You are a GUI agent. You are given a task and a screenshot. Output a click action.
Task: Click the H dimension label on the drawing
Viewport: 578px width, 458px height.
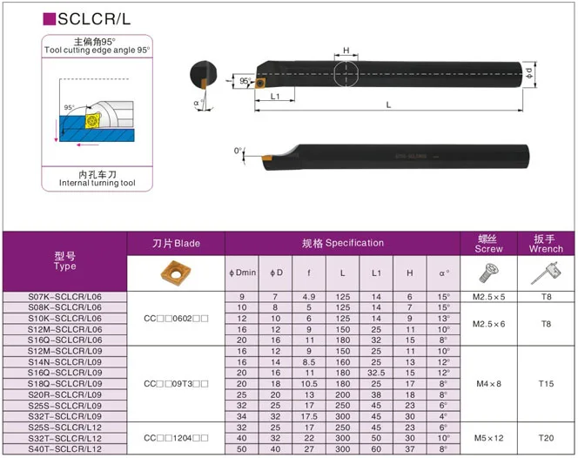point(346,51)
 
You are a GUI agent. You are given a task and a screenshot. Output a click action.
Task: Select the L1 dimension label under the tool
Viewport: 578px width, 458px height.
point(274,96)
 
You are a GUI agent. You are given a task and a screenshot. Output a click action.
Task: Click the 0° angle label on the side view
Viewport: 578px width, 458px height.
point(239,151)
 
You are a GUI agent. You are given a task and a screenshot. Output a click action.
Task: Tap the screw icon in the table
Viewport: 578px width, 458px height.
point(489,274)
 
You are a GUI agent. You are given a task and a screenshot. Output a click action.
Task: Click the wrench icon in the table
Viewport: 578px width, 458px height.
point(547,274)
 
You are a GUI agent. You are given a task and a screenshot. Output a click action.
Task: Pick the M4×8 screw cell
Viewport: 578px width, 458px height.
point(489,383)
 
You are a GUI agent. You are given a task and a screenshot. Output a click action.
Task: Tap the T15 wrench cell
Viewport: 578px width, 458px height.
point(547,383)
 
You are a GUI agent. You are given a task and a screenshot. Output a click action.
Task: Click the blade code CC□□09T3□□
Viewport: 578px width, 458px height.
point(176,383)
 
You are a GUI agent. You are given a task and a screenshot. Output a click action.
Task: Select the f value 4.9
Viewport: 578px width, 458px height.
point(308,297)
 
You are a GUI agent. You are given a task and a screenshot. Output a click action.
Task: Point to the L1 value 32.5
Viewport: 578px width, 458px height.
point(376,373)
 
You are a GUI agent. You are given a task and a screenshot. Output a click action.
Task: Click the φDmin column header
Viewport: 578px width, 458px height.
point(243,273)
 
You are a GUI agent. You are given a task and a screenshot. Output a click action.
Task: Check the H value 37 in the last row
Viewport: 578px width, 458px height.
point(409,448)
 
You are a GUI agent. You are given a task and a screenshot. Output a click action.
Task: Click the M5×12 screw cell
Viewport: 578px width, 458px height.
point(489,437)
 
